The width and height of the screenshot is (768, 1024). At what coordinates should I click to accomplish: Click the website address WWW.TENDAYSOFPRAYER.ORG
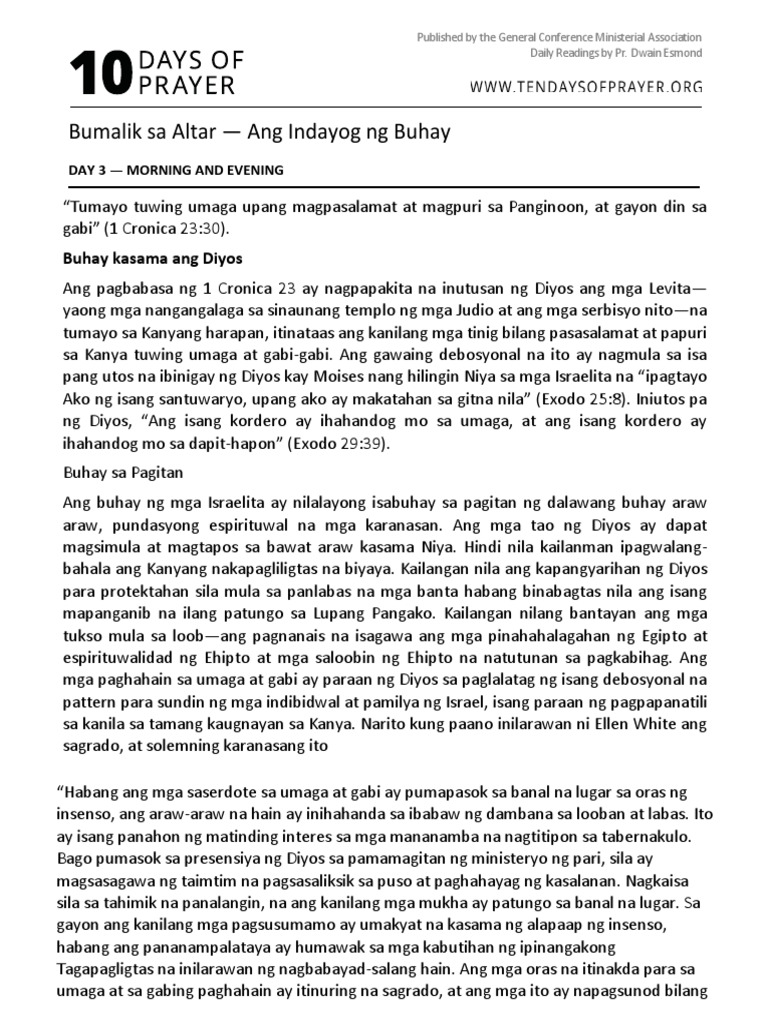point(585,87)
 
